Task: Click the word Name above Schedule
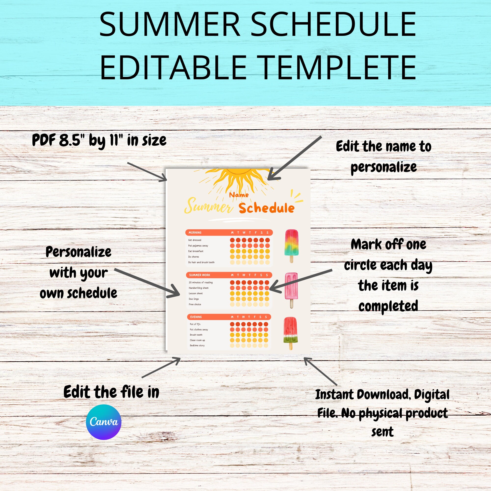(x=239, y=195)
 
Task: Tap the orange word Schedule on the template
(x=266, y=208)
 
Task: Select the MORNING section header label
(x=195, y=232)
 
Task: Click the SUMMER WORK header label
(x=200, y=275)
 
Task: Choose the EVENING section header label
(x=196, y=317)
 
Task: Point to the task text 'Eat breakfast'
(x=196, y=251)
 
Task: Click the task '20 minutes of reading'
(x=201, y=282)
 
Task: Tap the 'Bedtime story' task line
(x=197, y=345)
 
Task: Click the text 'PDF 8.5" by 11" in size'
(x=99, y=140)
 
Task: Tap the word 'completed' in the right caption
(x=388, y=306)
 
